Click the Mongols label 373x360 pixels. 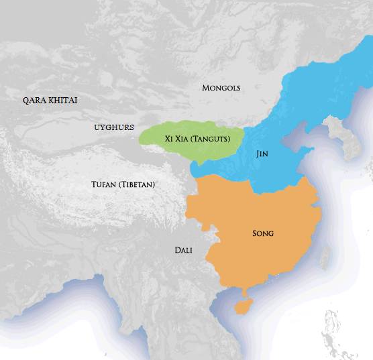pos(221,88)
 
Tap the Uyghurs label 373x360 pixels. pos(114,127)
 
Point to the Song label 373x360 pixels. pos(263,233)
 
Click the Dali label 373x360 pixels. pos(183,250)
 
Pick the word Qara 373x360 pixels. pos(34,101)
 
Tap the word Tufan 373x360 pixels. pos(104,184)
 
